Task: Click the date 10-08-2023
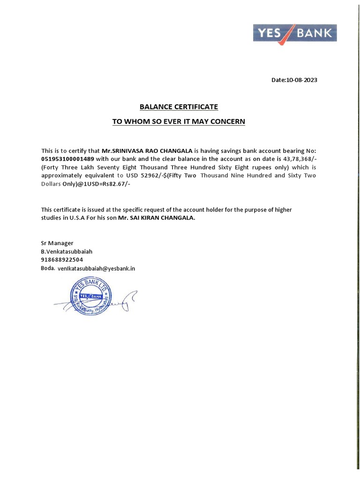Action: pos(294,80)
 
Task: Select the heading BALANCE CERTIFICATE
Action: pos(178,107)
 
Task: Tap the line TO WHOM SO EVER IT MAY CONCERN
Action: pos(178,122)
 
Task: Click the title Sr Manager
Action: pos(57,243)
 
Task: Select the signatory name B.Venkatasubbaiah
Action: pos(67,252)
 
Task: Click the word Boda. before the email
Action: pos(48,269)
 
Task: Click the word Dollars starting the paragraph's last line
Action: pos(51,184)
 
